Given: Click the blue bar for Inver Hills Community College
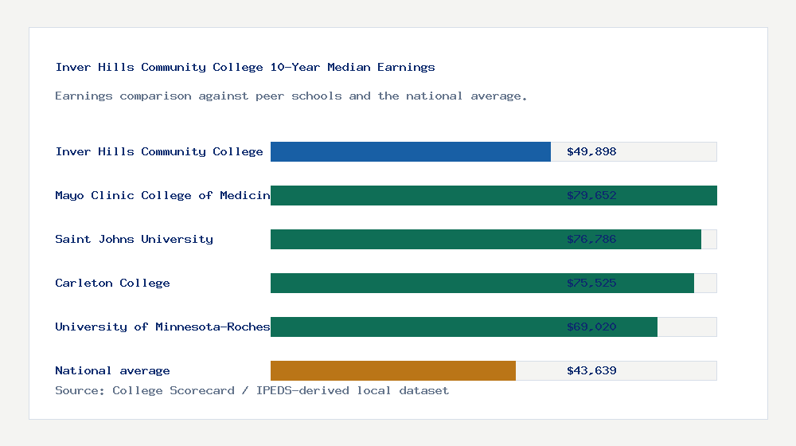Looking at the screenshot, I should pyautogui.click(x=410, y=151).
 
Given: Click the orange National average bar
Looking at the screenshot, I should pyautogui.click(x=392, y=370).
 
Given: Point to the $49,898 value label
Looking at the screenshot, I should pyautogui.click(x=591, y=151).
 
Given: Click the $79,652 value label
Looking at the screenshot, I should pyautogui.click(x=591, y=195).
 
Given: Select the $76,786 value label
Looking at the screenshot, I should pyautogui.click(x=591, y=239).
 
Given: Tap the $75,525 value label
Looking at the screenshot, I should pyautogui.click(x=591, y=283).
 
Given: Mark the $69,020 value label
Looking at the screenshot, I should pyautogui.click(x=591, y=327).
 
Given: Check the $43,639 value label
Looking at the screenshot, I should pyautogui.click(x=591, y=370).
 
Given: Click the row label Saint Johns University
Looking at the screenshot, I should pyautogui.click(x=134, y=239).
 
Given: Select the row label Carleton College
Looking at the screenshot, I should pyautogui.click(x=112, y=283).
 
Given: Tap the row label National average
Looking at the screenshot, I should pyautogui.click(x=112, y=370).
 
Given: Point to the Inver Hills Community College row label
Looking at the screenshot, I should pyautogui.click(x=159, y=151).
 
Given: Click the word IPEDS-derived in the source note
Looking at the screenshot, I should pyautogui.click(x=295, y=390).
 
